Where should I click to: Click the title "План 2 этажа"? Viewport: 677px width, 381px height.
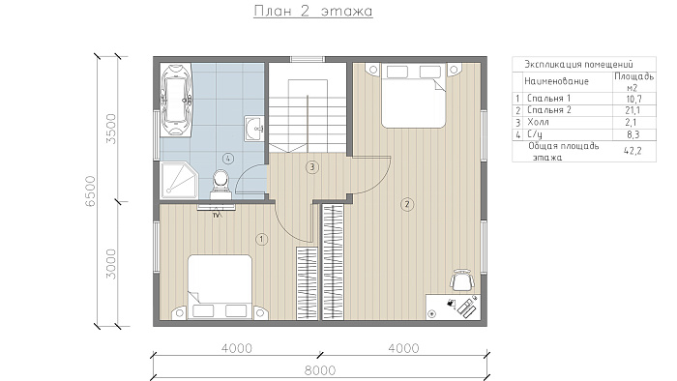tap(313, 11)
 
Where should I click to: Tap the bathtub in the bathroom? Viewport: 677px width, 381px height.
tap(176, 101)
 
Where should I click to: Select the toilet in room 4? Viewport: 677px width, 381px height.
tap(221, 185)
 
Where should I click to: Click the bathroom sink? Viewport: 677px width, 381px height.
tap(253, 129)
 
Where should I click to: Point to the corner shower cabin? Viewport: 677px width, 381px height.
tap(178, 180)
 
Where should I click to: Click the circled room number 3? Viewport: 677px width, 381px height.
tap(311, 167)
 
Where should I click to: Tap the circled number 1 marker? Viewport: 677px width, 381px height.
tap(262, 239)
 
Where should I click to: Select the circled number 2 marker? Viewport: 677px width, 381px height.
tap(407, 204)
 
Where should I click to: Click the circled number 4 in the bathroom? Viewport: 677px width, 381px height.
tap(228, 159)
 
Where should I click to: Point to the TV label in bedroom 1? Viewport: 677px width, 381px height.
tap(217, 215)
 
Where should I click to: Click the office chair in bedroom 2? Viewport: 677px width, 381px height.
tap(462, 280)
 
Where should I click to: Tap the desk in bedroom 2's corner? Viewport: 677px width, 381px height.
tap(453, 307)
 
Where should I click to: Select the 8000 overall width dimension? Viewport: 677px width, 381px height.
tap(320, 370)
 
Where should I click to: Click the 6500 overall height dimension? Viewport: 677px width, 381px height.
tap(90, 190)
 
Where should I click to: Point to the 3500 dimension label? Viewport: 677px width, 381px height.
tap(111, 129)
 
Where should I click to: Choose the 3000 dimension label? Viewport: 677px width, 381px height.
tap(111, 264)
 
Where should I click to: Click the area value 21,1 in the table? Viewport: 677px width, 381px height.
tap(633, 110)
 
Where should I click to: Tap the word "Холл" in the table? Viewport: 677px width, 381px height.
tap(538, 122)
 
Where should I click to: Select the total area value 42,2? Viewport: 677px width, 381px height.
tap(633, 151)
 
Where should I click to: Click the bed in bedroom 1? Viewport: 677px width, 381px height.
tap(220, 287)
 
